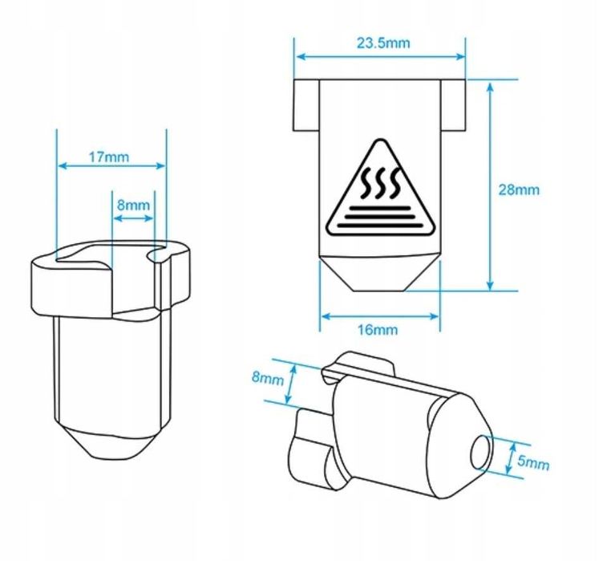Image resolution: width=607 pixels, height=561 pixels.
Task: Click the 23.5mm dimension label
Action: [x=382, y=43]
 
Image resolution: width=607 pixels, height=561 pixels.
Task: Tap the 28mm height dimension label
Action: [x=519, y=190]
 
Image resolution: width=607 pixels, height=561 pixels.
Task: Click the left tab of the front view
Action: [x=306, y=105]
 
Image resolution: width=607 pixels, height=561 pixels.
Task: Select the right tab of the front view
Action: [x=454, y=105]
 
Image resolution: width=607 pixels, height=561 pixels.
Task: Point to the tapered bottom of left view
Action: [x=114, y=441]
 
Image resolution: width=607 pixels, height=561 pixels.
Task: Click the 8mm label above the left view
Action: [x=133, y=205]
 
